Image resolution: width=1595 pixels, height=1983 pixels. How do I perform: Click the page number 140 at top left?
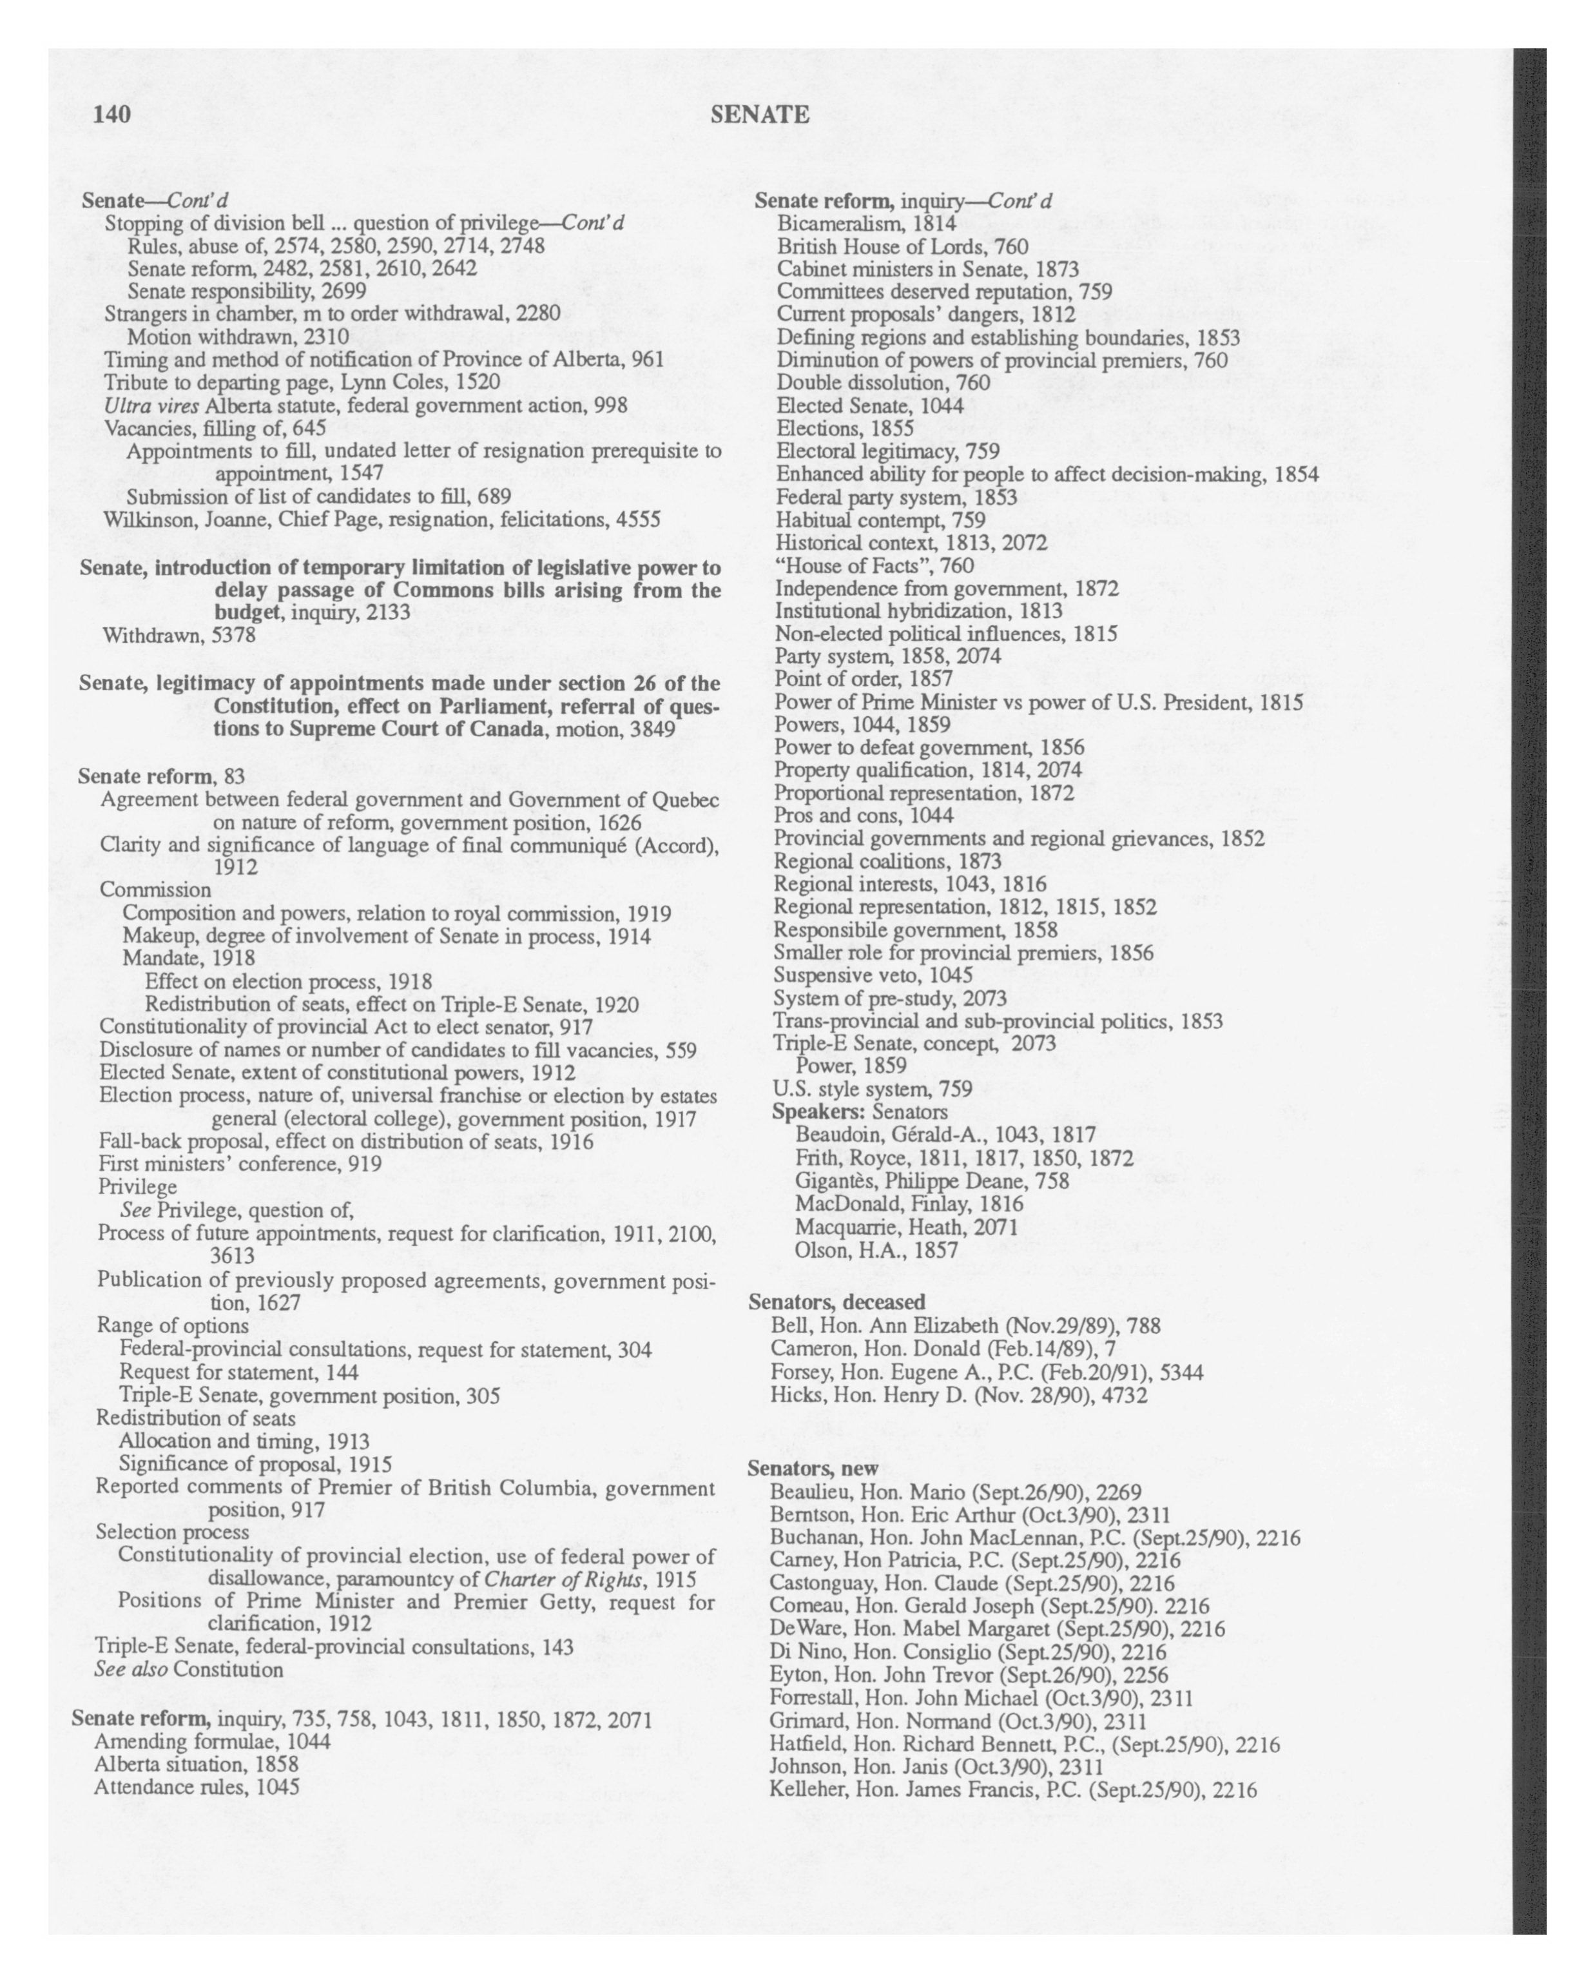pos(112,114)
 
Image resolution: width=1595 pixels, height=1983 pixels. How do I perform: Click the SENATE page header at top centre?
pos(759,115)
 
